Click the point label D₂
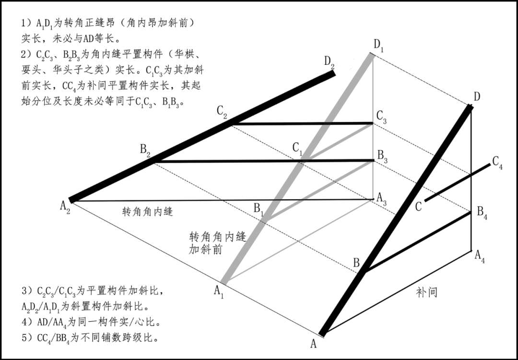pos(330,61)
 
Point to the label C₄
pos(497,162)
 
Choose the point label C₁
pos(298,149)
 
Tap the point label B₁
pos(259,209)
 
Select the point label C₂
pos(222,111)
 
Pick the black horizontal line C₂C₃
pos(302,124)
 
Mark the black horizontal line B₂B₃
pos(264,161)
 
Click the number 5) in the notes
pos(28,338)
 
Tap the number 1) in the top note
pos(28,23)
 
